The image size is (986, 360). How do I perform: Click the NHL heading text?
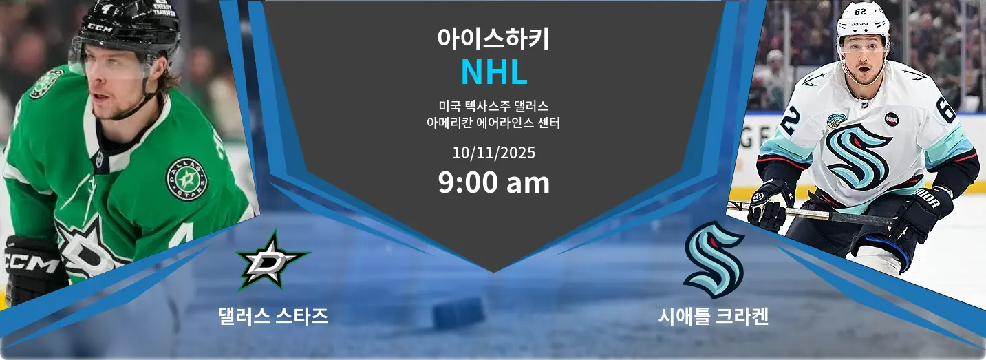[x=493, y=72]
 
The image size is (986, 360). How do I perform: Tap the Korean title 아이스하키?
[x=493, y=39]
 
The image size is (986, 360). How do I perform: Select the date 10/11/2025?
[x=493, y=152]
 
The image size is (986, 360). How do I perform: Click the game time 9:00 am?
[x=493, y=182]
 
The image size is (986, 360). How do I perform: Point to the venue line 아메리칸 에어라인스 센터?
[x=493, y=124]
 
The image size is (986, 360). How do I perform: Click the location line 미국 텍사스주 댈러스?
[x=493, y=107]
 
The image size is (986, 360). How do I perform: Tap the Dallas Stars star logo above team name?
[x=272, y=261]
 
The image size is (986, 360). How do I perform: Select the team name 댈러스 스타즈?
[x=272, y=316]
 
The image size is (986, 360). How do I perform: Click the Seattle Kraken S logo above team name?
[x=714, y=260]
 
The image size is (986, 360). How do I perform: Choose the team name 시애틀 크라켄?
[x=713, y=317]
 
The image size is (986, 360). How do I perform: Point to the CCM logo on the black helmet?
[x=100, y=28]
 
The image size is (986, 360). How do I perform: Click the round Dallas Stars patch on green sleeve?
[x=186, y=179]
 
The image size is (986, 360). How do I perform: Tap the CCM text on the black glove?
[x=31, y=262]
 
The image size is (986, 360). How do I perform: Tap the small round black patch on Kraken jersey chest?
[x=892, y=119]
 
